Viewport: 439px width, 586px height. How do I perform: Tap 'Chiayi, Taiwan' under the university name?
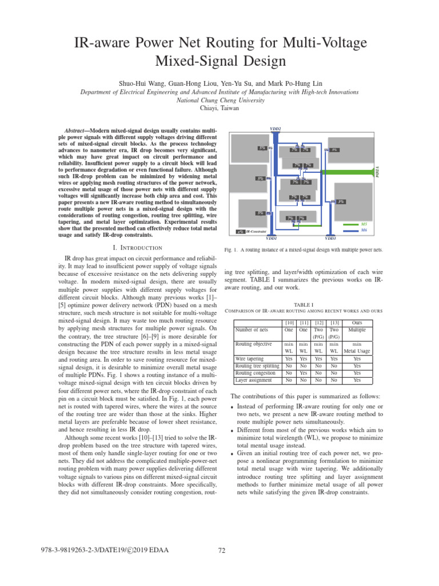219,108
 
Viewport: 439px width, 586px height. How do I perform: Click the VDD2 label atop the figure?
275,129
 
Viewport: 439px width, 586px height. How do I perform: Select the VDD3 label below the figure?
330,238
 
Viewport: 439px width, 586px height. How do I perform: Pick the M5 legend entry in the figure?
364,224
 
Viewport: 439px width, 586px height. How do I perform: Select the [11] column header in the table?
304,323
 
